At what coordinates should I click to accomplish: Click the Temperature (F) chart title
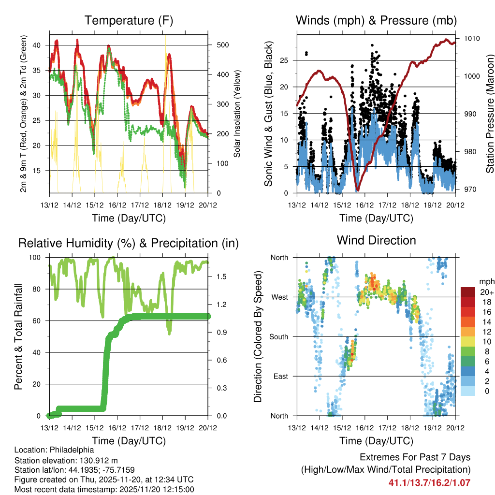[128, 20]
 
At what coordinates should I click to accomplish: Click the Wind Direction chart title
[376, 240]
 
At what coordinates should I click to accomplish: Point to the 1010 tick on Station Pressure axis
[471, 38]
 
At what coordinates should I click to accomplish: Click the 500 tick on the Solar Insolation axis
[216, 45]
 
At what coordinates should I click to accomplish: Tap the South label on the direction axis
[279, 336]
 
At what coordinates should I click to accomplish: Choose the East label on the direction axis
[280, 376]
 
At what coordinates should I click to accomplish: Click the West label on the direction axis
[279, 297]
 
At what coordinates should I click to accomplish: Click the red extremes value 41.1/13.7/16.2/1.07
[429, 482]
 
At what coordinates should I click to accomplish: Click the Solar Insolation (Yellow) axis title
[237, 114]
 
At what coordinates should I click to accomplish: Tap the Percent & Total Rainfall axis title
[19, 336]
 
